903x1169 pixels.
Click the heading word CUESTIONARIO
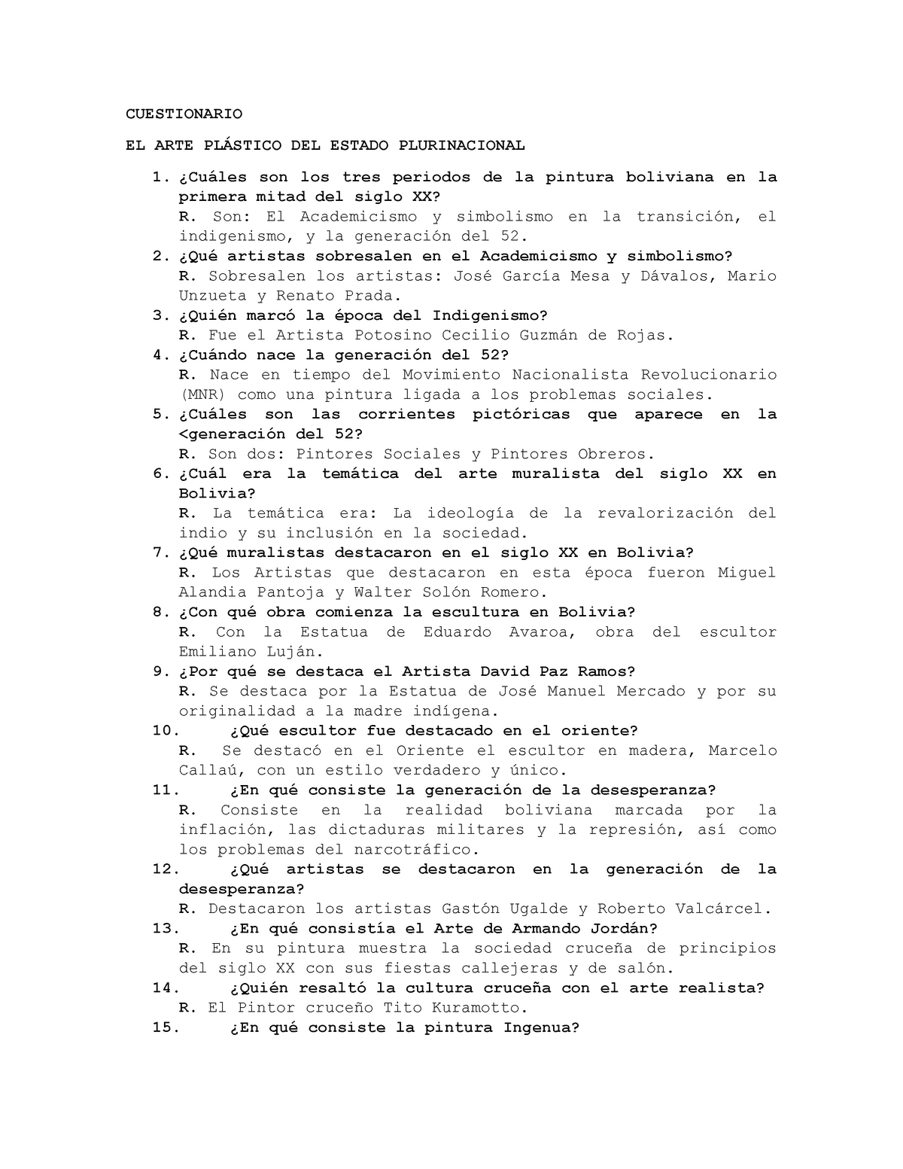click(184, 114)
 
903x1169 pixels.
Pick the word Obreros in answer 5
click(611, 454)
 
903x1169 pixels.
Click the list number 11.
click(165, 790)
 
